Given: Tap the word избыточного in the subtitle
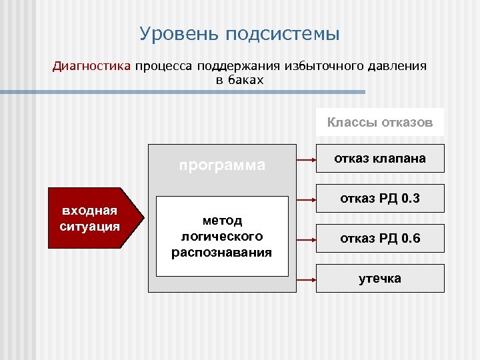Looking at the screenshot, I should (x=319, y=67).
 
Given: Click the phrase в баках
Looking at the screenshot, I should (x=239, y=80).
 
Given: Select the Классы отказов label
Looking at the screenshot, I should (x=380, y=123).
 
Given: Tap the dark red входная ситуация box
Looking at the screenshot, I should (x=91, y=218).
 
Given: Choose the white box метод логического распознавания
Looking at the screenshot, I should (x=222, y=236).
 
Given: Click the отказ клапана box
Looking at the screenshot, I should (x=380, y=159).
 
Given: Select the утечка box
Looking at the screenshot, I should (x=380, y=278).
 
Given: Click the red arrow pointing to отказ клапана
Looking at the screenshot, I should (x=306, y=160).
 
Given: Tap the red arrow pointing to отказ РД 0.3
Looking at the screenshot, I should (x=306, y=199).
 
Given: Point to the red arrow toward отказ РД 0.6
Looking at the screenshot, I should (x=306, y=239).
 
